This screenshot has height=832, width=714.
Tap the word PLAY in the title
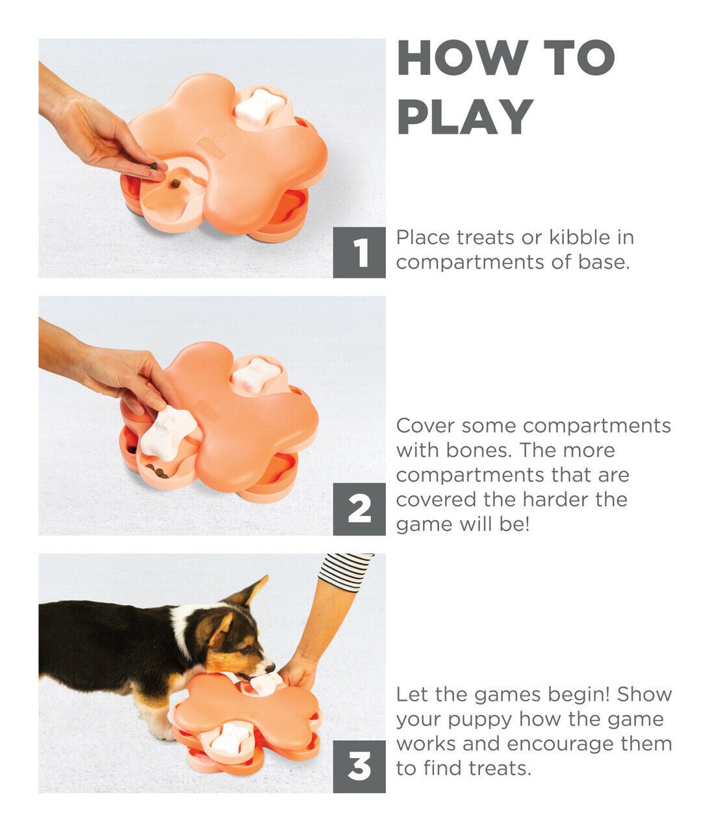[x=465, y=117]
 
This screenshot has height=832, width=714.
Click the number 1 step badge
[x=359, y=252]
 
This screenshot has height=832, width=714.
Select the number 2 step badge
[x=359, y=510]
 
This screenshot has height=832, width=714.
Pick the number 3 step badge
[x=359, y=767]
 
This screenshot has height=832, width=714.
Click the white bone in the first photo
[x=260, y=107]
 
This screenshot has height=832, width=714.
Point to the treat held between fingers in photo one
[x=154, y=166]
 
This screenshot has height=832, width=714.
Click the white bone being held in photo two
[x=168, y=432]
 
